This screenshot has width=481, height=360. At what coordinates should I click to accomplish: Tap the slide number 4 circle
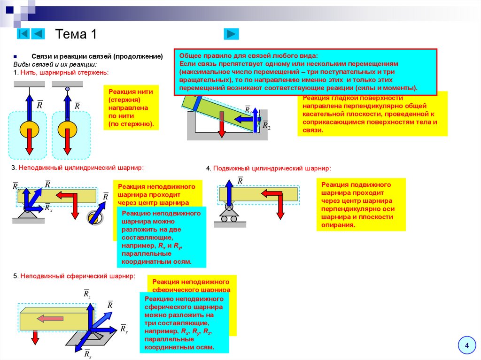[x=467, y=346]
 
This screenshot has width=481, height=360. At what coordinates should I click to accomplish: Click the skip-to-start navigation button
[x=23, y=34]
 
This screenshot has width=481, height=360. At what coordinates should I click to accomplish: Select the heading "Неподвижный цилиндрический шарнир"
[x=81, y=168]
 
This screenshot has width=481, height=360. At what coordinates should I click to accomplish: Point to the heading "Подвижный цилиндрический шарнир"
[x=272, y=168]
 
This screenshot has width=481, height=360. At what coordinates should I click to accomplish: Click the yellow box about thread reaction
[x=131, y=107]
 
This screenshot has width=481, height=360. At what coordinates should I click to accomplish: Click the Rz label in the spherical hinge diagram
[x=87, y=294]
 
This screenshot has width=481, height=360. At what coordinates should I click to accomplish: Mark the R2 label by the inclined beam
[x=266, y=125]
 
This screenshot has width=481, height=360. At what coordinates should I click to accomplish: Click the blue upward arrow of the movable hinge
[x=230, y=193]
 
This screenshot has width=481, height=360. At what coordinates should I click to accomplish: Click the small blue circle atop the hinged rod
[x=68, y=88]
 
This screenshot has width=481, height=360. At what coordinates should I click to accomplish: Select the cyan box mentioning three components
[x=185, y=322]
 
